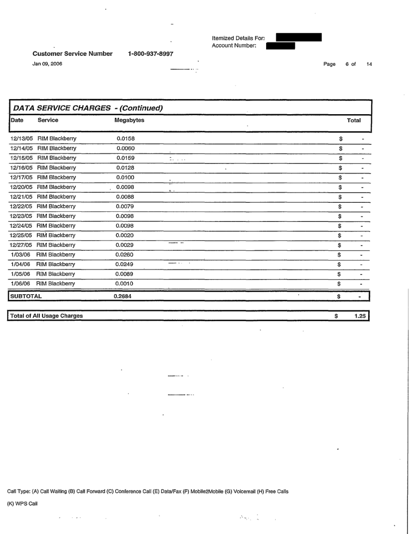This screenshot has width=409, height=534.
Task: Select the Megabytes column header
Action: [x=130, y=121]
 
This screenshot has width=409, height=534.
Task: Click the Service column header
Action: [x=48, y=121]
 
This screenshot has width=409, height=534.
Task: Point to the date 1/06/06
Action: [x=21, y=283]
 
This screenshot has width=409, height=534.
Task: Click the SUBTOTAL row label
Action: [x=24, y=296]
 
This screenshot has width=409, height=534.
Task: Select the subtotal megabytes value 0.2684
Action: [x=126, y=296]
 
